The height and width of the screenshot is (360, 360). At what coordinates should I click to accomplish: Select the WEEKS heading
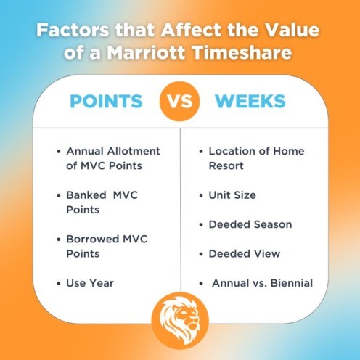point(252,101)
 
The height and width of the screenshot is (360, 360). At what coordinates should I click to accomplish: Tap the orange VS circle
point(179,101)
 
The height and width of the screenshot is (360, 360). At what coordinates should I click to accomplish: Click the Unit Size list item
point(232,195)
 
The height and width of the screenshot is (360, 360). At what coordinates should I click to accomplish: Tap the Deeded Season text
point(250,224)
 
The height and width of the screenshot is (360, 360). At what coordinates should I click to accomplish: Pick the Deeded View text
point(244,253)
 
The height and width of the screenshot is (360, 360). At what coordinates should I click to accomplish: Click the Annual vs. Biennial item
point(262,282)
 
